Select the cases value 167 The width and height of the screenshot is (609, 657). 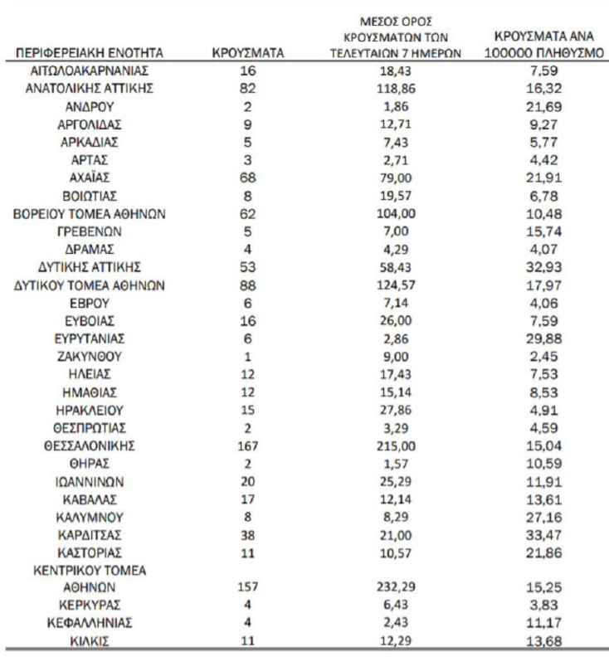[x=249, y=445]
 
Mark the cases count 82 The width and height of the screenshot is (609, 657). [x=249, y=89]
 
